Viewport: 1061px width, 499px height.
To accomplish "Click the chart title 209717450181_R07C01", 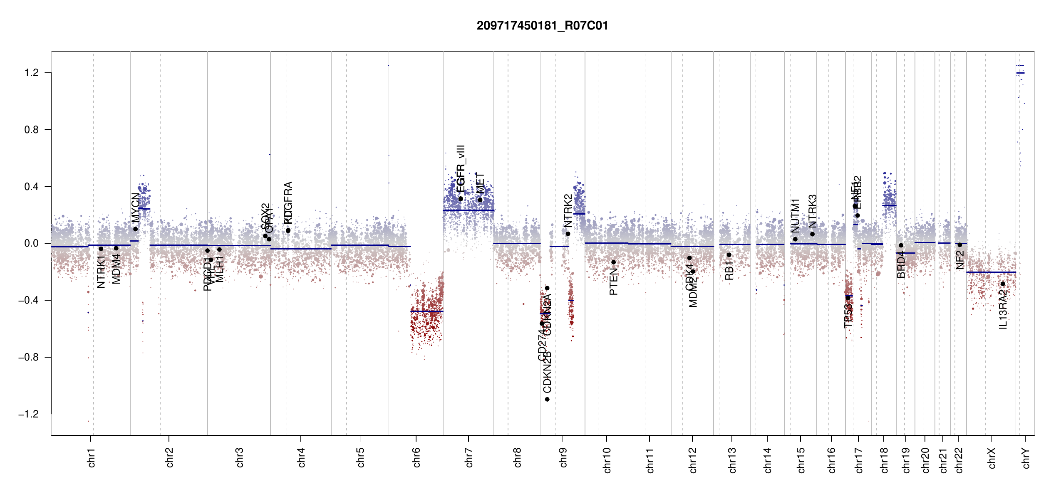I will [542, 26].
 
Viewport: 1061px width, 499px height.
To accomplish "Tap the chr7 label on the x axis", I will [469, 457].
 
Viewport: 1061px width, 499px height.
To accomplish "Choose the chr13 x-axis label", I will [732, 460].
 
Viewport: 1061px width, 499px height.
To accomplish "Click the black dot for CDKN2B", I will [547, 399].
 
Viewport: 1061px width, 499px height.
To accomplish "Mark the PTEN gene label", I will [613, 281].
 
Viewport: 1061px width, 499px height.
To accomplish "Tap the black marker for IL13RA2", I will [1003, 284].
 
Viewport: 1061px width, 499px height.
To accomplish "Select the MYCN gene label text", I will [135, 208].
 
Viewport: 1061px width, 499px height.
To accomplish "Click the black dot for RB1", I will [729, 255].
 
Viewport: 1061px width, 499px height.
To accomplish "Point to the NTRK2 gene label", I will [568, 211].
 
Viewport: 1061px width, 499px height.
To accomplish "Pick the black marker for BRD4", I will [901, 245].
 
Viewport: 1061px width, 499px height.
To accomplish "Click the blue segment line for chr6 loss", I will [426, 311].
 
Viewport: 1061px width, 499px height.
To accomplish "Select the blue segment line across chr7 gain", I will [468, 210].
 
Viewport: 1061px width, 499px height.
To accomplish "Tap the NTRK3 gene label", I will [812, 211].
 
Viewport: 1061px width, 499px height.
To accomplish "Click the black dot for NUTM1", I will [795, 239].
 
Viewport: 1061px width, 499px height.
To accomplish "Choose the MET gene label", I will [480, 183].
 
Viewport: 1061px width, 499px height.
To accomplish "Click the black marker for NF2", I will [960, 245].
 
